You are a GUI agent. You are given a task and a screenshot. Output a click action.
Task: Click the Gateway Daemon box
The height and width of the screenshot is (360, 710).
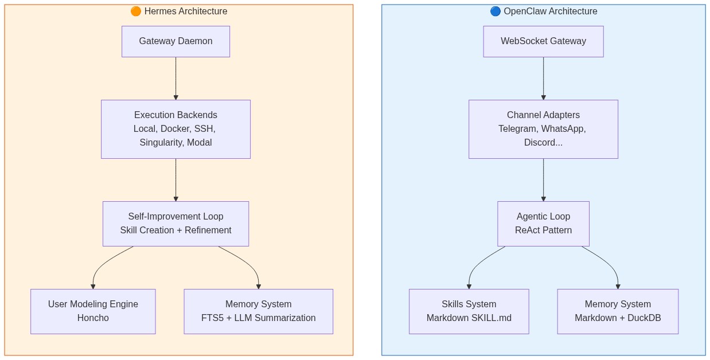pos(175,41)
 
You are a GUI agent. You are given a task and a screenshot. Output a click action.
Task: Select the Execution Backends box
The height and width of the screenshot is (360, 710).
pos(175,129)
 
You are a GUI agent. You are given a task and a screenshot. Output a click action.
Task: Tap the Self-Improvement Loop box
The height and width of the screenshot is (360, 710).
pos(175,224)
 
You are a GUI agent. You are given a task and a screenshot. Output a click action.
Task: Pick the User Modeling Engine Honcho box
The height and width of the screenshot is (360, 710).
pos(93,311)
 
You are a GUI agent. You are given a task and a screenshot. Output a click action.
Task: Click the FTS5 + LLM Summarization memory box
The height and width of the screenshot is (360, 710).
pos(258,311)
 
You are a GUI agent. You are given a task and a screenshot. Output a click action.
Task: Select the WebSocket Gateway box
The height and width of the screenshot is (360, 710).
pos(543,41)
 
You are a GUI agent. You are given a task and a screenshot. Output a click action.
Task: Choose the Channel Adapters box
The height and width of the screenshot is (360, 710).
pos(543,129)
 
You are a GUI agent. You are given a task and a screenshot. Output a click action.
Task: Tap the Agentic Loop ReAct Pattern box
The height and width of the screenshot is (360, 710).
pos(543,224)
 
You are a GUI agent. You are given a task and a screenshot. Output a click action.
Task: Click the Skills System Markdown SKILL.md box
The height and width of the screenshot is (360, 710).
pos(469,311)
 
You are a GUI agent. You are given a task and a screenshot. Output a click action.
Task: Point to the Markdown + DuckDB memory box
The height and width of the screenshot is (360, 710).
pos(618,311)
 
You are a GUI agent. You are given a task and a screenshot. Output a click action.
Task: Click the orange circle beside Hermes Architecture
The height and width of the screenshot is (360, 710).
pos(135,11)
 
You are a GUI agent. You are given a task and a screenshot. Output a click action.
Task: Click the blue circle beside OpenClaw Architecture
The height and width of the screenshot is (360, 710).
pos(495,11)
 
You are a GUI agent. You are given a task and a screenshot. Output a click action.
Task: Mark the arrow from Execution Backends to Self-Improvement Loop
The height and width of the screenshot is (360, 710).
pos(175,180)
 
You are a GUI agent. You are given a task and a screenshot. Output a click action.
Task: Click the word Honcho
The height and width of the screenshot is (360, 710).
pos(93,318)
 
